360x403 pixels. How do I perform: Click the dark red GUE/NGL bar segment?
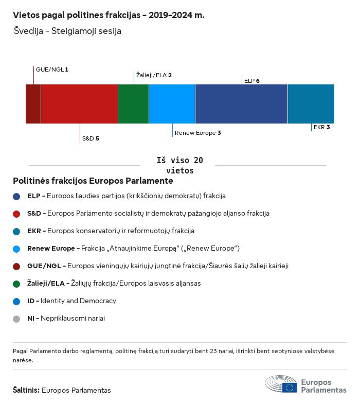pos(33,104)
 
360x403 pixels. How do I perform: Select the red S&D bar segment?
pos(79,104)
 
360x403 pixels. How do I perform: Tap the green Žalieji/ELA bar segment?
pos(133,104)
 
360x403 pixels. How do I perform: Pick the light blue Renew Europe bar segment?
pos(172,104)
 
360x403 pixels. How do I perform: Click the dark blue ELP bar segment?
pos(241,104)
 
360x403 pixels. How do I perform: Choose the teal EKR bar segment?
pos(311,104)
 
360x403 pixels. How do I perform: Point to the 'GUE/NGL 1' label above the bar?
pos(52,69)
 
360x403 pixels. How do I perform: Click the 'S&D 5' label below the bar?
pos(91,138)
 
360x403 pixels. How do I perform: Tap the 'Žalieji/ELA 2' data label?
pos(154,75)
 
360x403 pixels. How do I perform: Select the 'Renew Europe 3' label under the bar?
pos(198,133)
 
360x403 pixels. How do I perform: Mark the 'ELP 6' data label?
pos(252,81)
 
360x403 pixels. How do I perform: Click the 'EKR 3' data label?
pos(321,127)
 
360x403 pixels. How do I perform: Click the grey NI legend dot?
pos(16,319)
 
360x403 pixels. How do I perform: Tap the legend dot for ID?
pos(16,301)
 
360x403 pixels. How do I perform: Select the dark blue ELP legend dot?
pos(16,196)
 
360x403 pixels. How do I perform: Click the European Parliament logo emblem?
pos(281,384)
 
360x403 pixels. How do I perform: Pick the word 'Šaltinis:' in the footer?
pos(26,390)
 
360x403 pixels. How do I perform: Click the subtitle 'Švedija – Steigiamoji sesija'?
pos(67,31)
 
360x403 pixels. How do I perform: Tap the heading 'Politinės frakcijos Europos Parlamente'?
pos(93,181)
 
